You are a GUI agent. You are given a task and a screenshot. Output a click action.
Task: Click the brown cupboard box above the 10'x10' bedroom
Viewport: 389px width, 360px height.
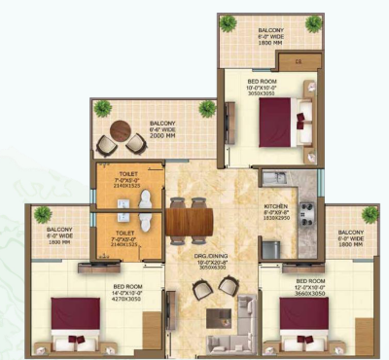(x=303, y=63)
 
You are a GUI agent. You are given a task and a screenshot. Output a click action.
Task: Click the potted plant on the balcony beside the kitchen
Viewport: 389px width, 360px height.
(x=371, y=213)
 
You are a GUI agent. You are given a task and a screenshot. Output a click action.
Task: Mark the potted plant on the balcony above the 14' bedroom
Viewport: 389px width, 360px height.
(x=43, y=212)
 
